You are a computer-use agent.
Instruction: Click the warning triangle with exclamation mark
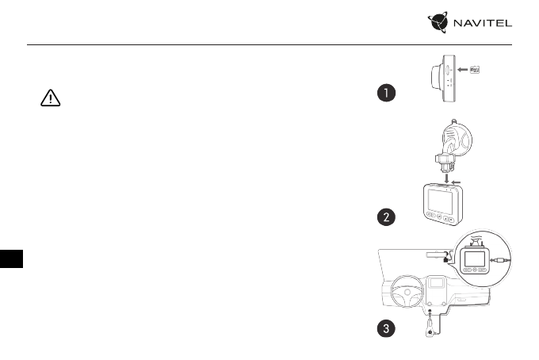pyautogui.click(x=49, y=99)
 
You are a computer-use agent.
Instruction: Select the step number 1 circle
pyautogui.click(x=384, y=94)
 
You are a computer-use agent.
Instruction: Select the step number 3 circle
pyautogui.click(x=384, y=330)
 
